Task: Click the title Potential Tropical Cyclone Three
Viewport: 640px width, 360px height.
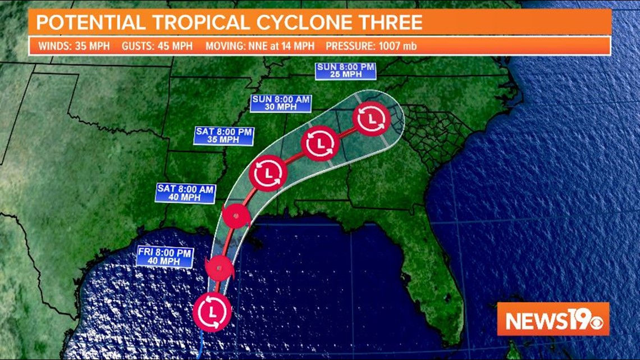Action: [229, 22]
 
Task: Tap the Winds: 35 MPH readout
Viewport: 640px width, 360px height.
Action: [74, 46]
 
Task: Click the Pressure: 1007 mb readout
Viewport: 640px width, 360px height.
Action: [371, 46]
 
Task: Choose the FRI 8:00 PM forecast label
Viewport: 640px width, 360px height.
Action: [165, 257]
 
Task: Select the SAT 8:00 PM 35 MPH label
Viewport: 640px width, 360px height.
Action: [224, 136]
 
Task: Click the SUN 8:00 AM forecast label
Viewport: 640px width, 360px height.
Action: [281, 103]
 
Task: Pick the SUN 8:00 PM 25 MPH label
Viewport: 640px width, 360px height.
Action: [345, 71]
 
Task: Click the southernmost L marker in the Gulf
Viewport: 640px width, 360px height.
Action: [212, 312]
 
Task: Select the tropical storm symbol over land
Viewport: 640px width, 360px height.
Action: [235, 216]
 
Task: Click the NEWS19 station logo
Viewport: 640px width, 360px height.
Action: [552, 319]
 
